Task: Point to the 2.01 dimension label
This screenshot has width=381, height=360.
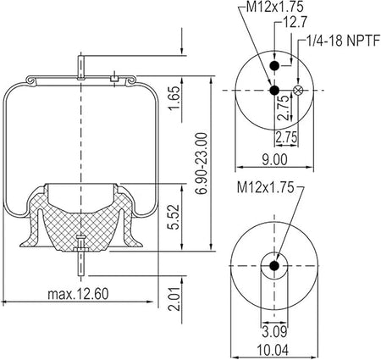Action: coord(173,298)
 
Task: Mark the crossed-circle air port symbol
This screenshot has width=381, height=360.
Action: coord(297,91)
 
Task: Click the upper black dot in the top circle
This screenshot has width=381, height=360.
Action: coord(274,66)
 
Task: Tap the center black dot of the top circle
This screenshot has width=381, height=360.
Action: coord(274,91)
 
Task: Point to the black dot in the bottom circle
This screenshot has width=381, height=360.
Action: coord(274,268)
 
